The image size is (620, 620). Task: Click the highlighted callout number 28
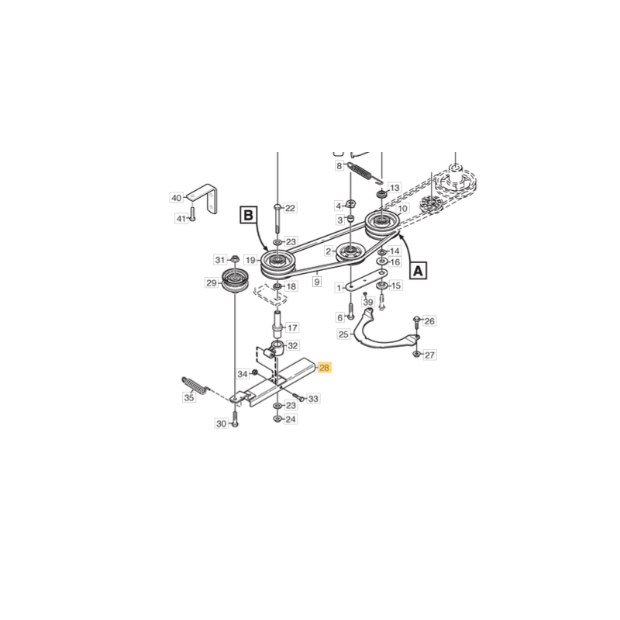[324, 368]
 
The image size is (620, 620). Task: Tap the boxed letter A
[418, 271]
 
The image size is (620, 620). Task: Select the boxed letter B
[248, 216]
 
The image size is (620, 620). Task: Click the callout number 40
[177, 198]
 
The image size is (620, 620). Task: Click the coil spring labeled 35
[195, 385]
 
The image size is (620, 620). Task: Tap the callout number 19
[250, 260]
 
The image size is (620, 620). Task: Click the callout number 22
[290, 208]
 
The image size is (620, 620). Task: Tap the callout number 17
[292, 327]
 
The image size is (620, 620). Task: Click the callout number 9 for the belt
[317, 282]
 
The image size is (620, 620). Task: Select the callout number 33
[313, 399]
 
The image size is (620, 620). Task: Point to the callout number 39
[368, 302]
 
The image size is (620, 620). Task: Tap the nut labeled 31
[235, 260]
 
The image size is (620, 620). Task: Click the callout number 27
[430, 355]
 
